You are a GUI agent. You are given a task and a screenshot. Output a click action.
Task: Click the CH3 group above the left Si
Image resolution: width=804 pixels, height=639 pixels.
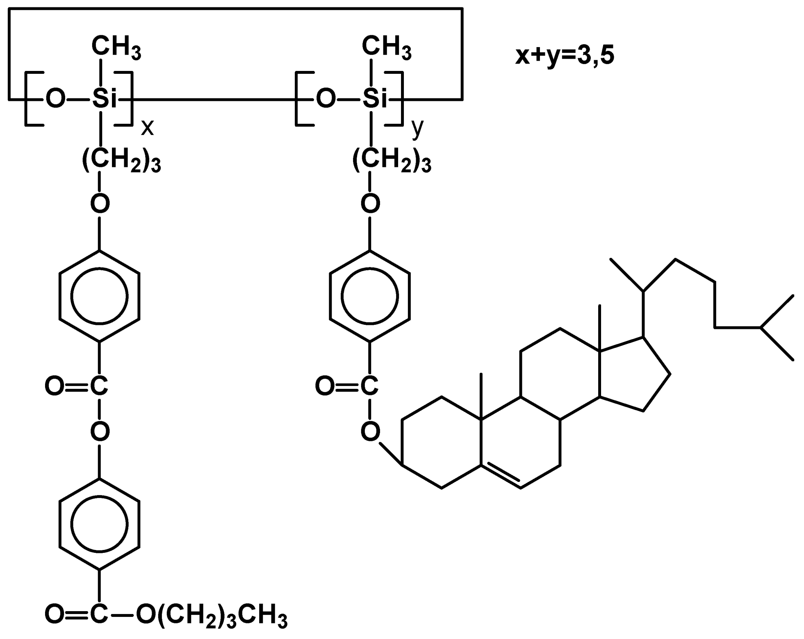116,46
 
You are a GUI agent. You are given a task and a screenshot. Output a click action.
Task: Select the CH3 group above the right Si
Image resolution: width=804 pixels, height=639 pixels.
386,46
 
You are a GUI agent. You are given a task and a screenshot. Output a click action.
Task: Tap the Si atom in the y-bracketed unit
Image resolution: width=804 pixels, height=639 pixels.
375,98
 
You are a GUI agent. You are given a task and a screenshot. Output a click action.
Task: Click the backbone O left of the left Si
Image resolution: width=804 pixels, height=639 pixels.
55,99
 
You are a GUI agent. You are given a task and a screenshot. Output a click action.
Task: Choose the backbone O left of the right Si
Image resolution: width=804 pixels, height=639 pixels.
326,99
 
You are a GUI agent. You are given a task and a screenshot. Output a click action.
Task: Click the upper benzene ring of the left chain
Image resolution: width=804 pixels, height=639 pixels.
100,296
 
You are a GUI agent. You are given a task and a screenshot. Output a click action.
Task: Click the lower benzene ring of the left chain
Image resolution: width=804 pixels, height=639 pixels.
100,524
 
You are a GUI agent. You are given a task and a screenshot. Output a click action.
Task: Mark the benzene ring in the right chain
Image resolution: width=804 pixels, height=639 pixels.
370,296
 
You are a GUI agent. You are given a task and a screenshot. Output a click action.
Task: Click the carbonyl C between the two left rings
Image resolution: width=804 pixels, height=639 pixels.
99,386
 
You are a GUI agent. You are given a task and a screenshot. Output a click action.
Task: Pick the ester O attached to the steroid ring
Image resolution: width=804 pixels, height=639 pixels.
370,431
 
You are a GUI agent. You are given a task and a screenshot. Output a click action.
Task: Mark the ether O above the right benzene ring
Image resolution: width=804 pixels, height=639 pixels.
370,203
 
